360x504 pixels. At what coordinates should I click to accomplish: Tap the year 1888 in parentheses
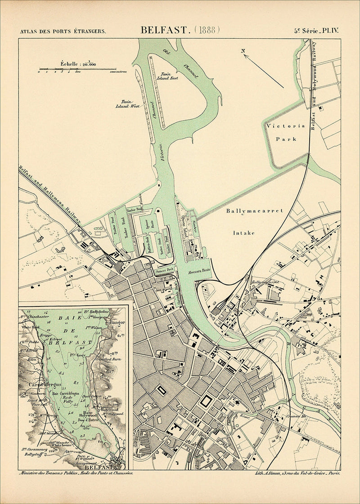click(207, 30)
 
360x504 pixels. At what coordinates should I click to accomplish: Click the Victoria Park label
click(286, 132)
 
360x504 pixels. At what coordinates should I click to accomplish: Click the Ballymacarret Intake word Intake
click(243, 233)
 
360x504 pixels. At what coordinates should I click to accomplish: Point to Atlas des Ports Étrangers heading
click(63, 31)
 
